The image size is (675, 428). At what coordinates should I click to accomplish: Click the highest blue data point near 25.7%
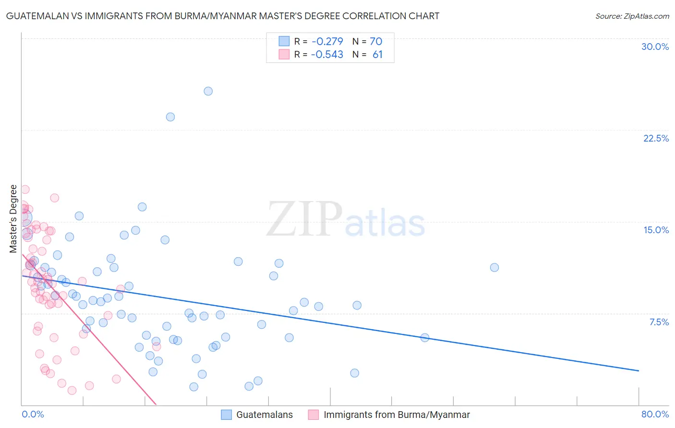tap(208, 91)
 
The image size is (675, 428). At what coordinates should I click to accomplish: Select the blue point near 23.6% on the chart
tap(170, 117)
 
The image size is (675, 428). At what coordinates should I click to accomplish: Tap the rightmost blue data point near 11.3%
tap(494, 268)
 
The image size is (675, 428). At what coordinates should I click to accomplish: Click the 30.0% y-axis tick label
tap(655, 47)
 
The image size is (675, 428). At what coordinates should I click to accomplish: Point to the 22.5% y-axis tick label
tap(656, 138)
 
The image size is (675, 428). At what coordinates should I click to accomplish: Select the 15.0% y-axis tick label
tap(656, 230)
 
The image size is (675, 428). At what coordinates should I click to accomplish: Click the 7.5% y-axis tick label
tap(659, 322)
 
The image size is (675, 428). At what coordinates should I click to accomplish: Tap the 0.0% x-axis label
tap(33, 414)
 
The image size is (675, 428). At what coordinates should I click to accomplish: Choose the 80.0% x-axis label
tap(655, 414)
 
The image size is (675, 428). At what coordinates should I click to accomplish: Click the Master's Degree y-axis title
tap(13, 219)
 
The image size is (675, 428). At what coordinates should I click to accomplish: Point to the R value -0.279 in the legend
tap(327, 42)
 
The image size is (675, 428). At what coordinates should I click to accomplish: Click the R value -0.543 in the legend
tap(327, 55)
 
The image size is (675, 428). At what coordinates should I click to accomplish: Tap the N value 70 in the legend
tap(376, 42)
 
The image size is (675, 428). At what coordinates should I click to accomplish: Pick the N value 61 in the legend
tap(377, 55)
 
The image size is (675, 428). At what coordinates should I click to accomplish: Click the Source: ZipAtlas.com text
tap(632, 16)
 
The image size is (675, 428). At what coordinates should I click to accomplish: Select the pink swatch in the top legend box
tap(284, 54)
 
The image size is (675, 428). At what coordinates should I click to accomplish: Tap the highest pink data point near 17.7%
tap(25, 190)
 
